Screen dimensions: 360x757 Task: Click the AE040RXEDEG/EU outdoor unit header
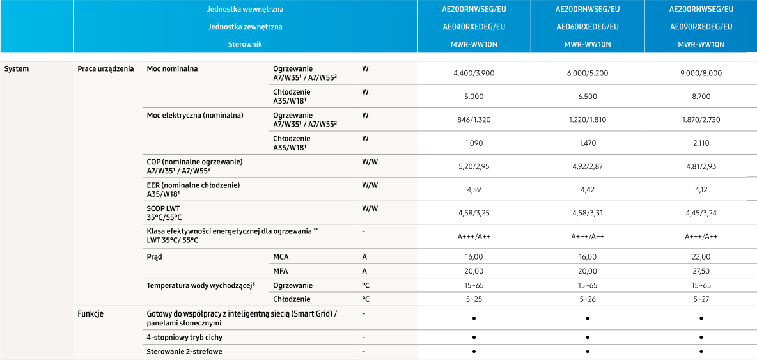coord(474,27)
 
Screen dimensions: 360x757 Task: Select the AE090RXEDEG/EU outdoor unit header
coord(701,27)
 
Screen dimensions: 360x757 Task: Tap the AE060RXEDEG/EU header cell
coord(587,27)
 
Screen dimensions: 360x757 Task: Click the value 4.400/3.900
coord(474,73)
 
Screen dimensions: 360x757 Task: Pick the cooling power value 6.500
coord(587,97)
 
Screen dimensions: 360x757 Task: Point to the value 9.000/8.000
coord(701,73)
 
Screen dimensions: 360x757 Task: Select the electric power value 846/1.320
coord(474,120)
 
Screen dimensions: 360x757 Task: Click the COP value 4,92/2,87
coord(587,166)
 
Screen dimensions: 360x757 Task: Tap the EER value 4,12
coord(701,189)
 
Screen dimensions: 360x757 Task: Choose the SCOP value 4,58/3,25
coord(474,213)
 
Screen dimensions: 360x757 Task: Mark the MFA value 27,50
coord(701,271)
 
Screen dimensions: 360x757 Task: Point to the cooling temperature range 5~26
coord(587,299)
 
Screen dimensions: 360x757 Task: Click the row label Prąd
coord(154,256)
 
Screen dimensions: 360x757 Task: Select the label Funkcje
coord(91,313)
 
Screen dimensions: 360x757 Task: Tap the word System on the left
coord(17,68)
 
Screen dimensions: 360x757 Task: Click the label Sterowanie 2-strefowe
coord(185,352)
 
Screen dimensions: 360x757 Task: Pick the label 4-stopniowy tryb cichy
coord(184,337)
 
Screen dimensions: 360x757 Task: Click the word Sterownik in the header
coord(245,45)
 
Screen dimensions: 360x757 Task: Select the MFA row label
coord(280,271)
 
